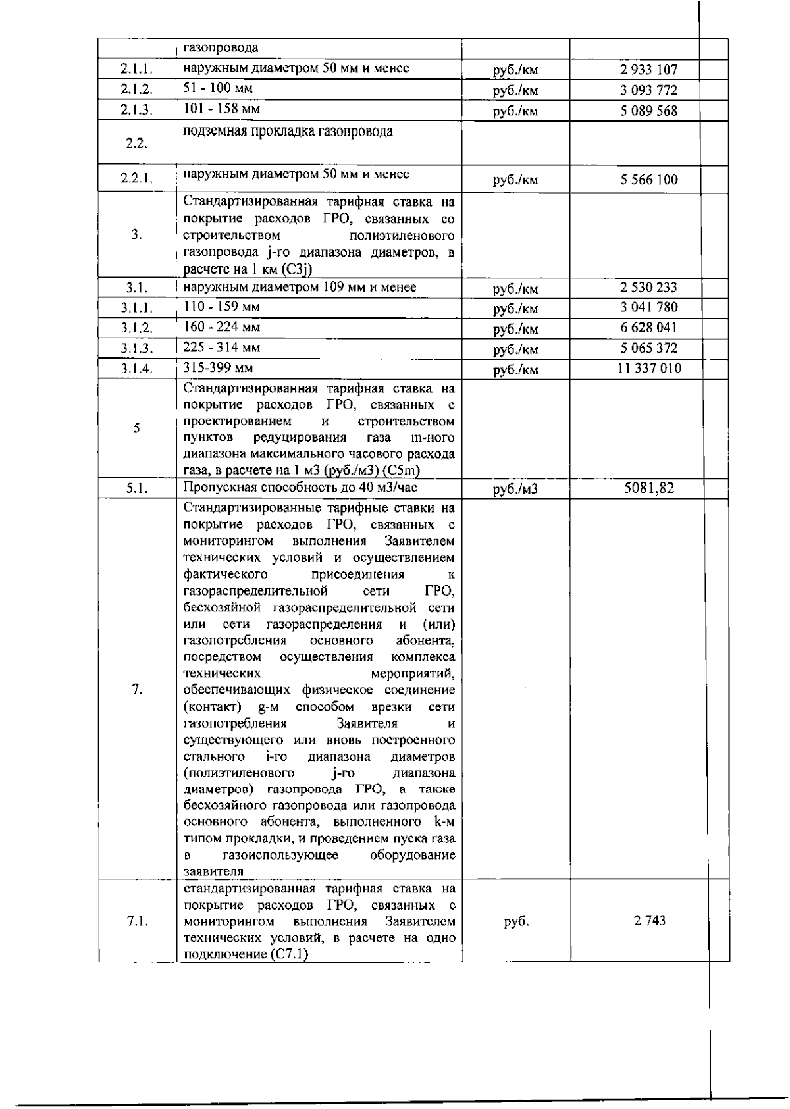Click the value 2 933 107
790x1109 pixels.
[648, 70]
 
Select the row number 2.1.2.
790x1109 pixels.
[136, 90]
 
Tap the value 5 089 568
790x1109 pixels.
[648, 111]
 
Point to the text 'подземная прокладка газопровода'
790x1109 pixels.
[288, 131]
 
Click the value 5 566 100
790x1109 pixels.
[648, 180]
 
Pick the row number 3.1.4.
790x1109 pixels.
[136, 369]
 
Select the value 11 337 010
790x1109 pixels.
[649, 368]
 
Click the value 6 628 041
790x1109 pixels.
[648, 328]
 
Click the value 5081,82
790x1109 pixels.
[648, 488]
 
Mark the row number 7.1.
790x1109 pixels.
[136, 921]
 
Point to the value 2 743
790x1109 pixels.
[649, 921]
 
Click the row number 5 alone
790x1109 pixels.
[136, 428]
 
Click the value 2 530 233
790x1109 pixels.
[648, 288]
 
